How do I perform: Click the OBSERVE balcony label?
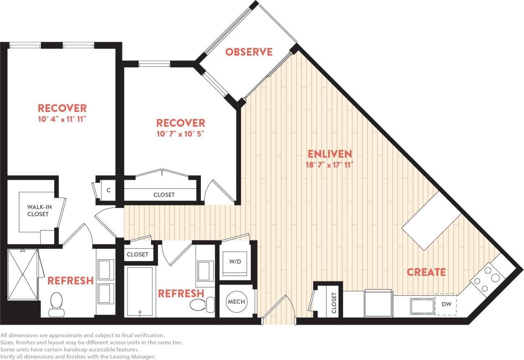249,52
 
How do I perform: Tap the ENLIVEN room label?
330,153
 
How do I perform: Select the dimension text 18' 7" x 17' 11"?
330,164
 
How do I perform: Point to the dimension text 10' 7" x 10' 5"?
180,134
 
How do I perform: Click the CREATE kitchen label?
426,272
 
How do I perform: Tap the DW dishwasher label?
446,304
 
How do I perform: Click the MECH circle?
236,302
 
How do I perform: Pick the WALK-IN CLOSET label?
38,210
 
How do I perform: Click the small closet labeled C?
109,190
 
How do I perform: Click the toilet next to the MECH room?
200,304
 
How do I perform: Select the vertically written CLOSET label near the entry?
334,303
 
